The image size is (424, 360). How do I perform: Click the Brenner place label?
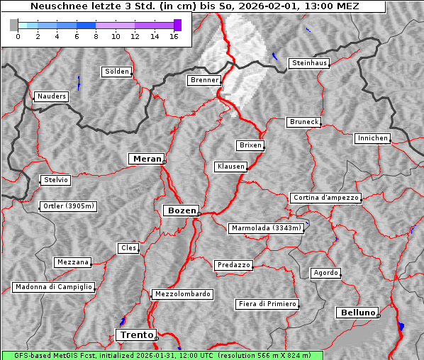(204, 80)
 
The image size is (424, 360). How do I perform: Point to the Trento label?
(135, 334)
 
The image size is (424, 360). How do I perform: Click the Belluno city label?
(357, 312)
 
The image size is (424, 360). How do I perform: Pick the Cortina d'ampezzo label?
(325, 198)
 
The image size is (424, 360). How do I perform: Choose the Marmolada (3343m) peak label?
(267, 228)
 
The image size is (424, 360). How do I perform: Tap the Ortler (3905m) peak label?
(67, 207)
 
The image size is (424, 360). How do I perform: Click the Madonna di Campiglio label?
(53, 287)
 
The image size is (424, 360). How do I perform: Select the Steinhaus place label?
(310, 63)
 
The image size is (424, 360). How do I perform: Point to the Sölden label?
(117, 72)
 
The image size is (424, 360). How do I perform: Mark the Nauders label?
(51, 96)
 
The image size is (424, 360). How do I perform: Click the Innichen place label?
(372, 138)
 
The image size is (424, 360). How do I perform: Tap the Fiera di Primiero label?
(267, 304)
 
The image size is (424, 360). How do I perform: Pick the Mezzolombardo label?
(182, 294)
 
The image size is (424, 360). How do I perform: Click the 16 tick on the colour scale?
(174, 35)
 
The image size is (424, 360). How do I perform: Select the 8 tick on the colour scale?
(96, 35)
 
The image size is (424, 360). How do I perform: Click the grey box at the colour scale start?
(14, 25)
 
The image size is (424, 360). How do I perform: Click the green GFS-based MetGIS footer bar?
(162, 355)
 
